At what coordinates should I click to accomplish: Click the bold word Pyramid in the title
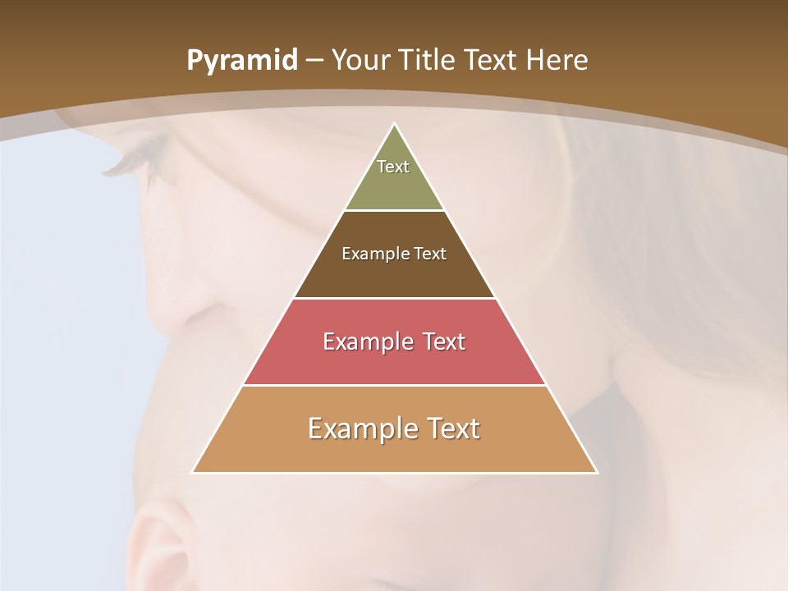(241, 61)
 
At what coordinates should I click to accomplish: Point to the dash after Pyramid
(314, 61)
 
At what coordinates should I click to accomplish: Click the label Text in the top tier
(393, 167)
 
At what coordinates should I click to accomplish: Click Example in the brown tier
(367, 254)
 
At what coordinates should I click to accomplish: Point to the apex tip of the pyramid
(395, 124)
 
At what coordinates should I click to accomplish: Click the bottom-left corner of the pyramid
(193, 472)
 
